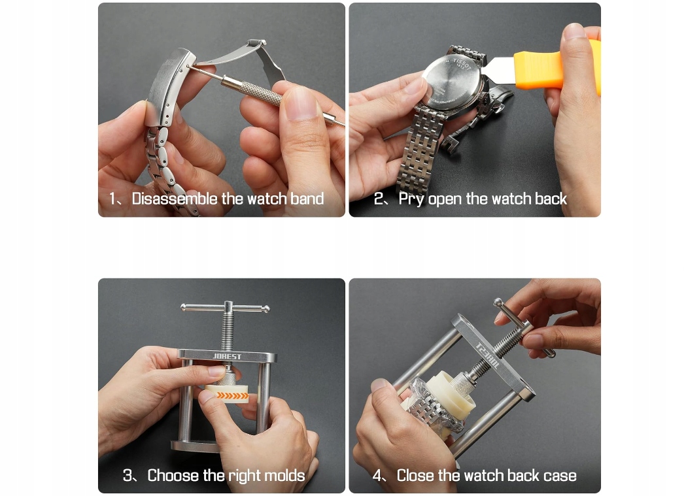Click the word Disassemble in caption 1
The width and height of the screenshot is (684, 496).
coord(175,199)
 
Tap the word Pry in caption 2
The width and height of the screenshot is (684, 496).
coord(411,199)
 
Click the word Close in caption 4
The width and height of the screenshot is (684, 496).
coord(415,475)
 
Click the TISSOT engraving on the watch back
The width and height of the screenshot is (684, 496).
coord(462,65)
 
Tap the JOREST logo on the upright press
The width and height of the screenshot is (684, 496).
coord(227,357)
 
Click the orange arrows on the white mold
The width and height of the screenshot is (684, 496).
coord(233,396)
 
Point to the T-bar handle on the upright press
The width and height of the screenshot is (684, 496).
coord(225,308)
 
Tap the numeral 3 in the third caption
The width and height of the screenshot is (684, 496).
coord(128,475)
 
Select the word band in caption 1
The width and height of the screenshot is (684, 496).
coord(307,199)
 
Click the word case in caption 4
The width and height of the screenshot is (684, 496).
coord(560,476)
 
